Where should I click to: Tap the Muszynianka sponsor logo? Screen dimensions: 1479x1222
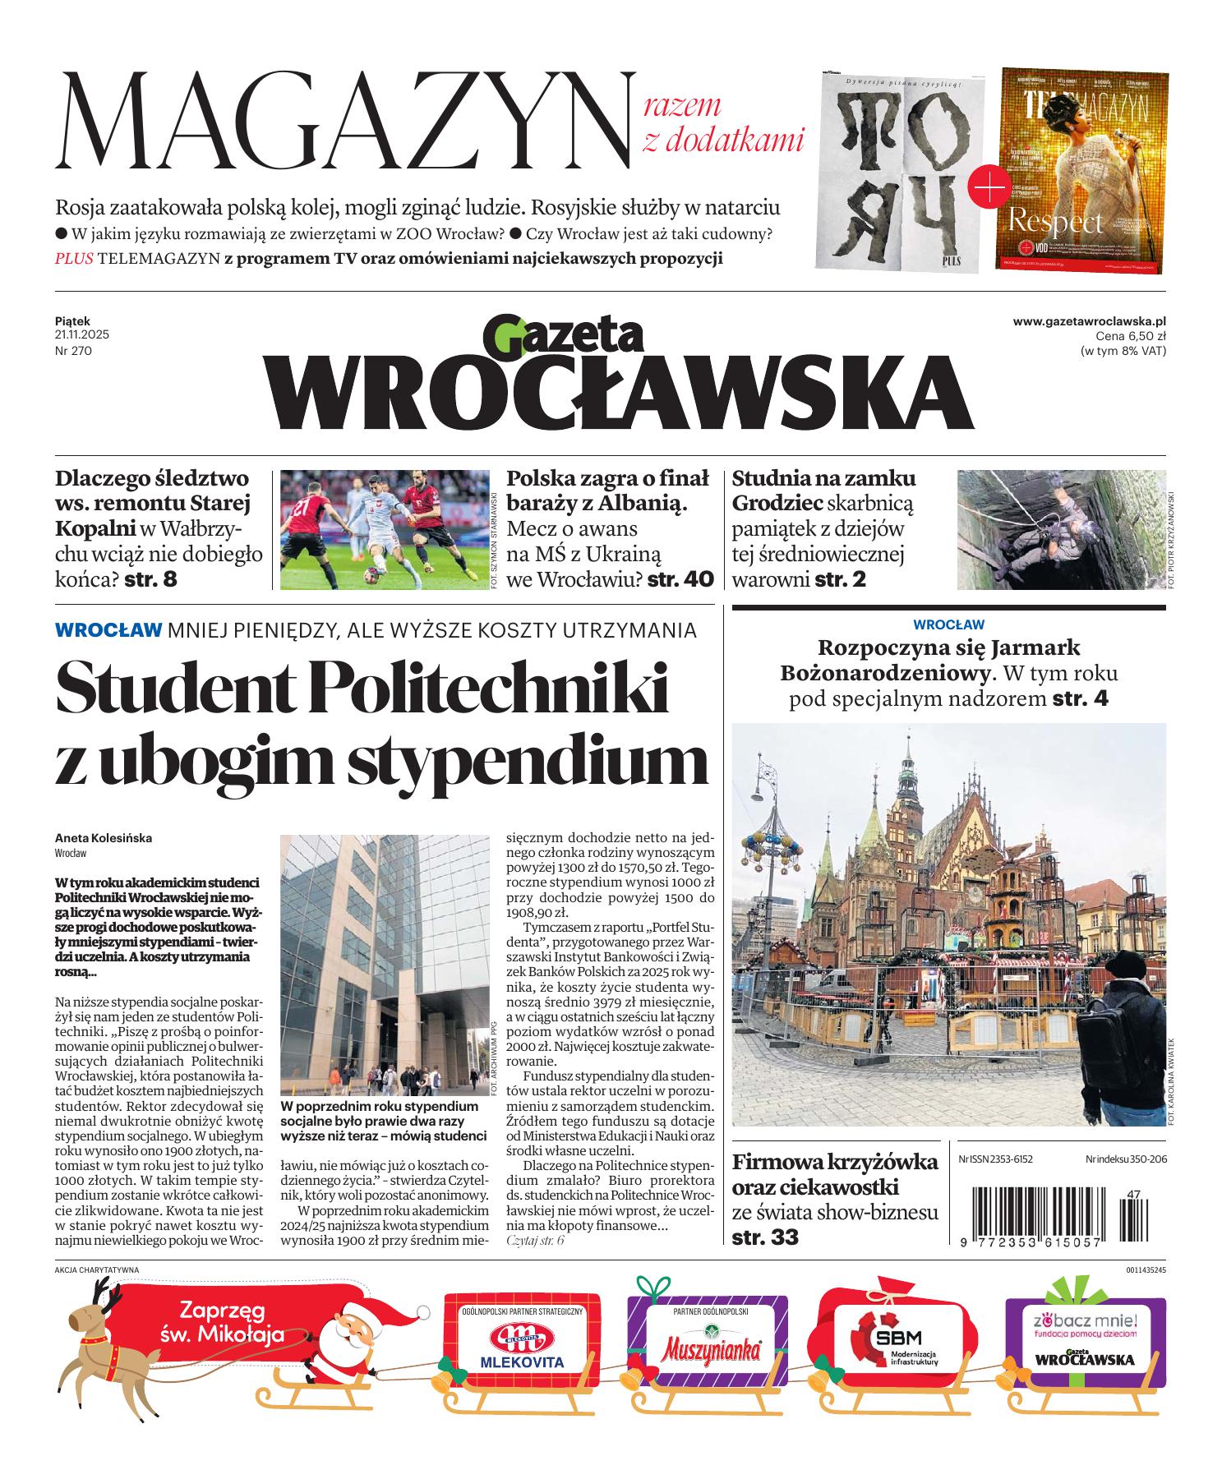[x=710, y=1348]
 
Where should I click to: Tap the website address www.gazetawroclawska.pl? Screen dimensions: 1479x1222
[x=1089, y=322]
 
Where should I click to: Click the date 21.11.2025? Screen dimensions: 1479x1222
[x=82, y=335]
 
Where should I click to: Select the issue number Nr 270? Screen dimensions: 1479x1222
[x=73, y=351]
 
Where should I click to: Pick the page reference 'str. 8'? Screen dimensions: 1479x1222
[x=150, y=578]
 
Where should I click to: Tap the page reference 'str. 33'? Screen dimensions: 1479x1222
[x=764, y=1237]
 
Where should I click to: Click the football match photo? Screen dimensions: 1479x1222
[x=383, y=528]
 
